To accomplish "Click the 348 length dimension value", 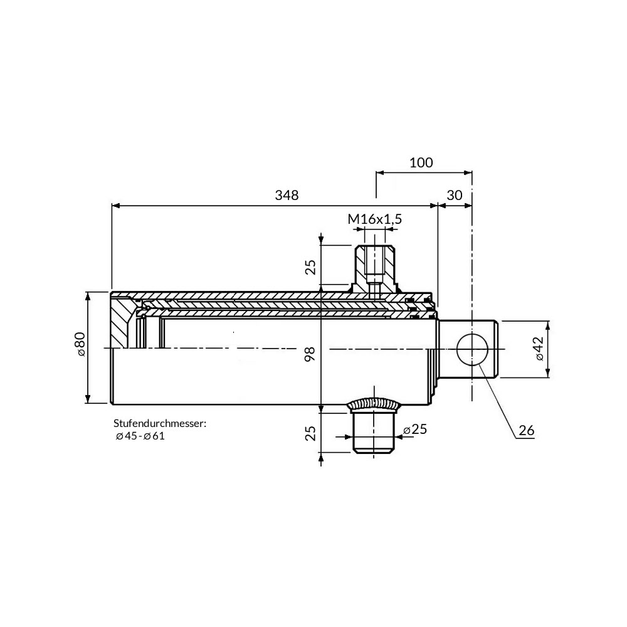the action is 287,195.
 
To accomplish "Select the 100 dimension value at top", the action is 421,163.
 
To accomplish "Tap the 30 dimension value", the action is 454,195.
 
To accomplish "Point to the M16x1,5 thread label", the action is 375,219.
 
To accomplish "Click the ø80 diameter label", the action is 80,344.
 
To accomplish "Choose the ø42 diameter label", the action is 539,348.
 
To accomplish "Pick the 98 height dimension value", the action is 310,354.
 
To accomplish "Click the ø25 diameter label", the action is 415,429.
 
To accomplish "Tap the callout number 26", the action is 526,430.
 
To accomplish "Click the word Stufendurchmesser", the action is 159,423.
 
